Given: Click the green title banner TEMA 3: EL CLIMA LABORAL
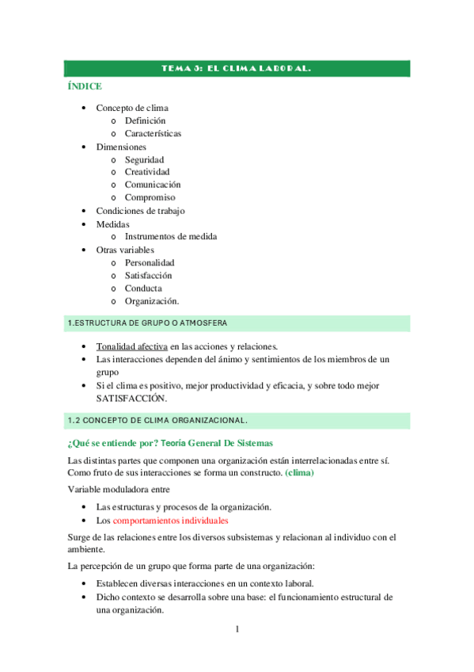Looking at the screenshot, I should point(236,69).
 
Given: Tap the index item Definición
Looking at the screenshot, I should point(145,120).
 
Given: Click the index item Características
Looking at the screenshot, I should point(153,133).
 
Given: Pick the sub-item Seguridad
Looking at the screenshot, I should point(144,159).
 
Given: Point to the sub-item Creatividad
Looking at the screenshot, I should point(147,172).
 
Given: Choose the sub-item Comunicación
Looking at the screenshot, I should point(153,185).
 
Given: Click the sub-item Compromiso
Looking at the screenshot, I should point(150,197).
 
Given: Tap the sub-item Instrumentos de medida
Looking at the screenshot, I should point(170,236).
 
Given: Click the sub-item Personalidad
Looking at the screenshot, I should point(150,262).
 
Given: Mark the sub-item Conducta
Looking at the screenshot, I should point(143,288).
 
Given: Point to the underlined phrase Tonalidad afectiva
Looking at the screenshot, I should point(131,346).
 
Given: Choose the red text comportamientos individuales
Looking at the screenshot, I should point(170,521).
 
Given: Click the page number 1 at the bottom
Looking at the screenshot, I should point(236,629).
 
